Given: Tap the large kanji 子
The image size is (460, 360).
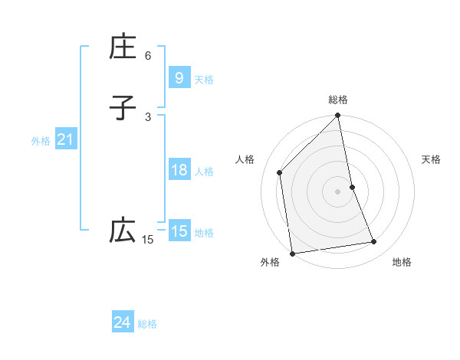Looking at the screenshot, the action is (123, 108).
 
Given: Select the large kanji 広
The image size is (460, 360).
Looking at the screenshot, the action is (123, 231).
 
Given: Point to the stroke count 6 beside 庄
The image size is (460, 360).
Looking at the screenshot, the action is (148, 56).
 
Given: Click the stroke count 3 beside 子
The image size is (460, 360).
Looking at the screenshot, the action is (148, 116).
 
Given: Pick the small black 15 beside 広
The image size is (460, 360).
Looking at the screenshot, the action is (148, 240).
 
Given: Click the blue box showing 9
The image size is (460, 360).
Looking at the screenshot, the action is (179, 77).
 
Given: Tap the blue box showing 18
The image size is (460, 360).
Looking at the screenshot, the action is (179, 170).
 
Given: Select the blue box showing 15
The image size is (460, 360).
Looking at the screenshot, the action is (179, 231).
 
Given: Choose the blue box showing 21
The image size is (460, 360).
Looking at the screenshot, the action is (65, 139).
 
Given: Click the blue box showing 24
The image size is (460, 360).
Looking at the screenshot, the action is (122, 323).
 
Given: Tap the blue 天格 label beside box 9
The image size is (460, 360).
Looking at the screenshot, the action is (204, 80).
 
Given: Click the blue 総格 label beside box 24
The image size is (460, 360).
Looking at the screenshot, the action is (147, 325).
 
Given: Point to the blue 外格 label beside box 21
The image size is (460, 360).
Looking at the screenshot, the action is (41, 141).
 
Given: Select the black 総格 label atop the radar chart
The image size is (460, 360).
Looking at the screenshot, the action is (338, 100).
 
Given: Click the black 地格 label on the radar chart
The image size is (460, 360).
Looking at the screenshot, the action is (402, 262).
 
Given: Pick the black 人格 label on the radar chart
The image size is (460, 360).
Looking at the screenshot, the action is (245, 159).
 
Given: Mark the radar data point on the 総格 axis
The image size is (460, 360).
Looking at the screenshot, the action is (338, 116).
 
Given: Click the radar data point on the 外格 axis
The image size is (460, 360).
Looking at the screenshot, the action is (292, 253).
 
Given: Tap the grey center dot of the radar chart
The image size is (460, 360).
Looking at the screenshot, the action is (338, 191).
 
